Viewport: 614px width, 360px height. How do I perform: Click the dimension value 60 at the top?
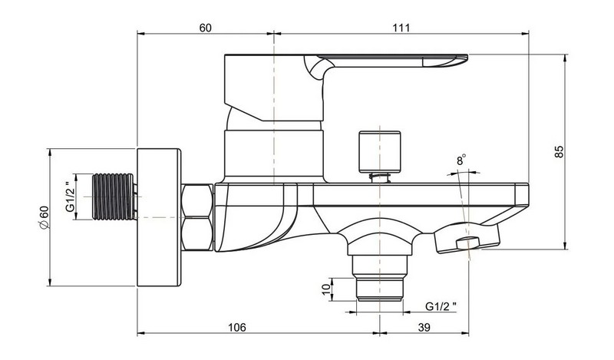[205, 28]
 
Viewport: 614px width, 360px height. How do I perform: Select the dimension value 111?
[401, 28]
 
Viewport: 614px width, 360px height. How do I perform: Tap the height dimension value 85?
[560, 151]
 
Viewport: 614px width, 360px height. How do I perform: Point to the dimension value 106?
[237, 327]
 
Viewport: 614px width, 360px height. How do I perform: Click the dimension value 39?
[424, 327]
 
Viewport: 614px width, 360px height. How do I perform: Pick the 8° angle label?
[461, 160]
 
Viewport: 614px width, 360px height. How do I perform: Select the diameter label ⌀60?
[44, 217]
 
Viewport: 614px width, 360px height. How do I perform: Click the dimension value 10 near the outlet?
[326, 289]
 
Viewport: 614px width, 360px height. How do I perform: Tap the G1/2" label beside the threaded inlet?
[70, 197]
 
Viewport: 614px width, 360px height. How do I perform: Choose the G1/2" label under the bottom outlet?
[441, 306]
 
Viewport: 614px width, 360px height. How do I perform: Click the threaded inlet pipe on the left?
[114, 197]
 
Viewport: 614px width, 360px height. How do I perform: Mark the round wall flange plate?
[159, 217]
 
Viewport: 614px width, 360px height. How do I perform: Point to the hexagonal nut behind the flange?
[197, 217]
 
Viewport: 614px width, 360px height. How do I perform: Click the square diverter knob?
[379, 152]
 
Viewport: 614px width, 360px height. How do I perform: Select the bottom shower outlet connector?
[379, 278]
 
